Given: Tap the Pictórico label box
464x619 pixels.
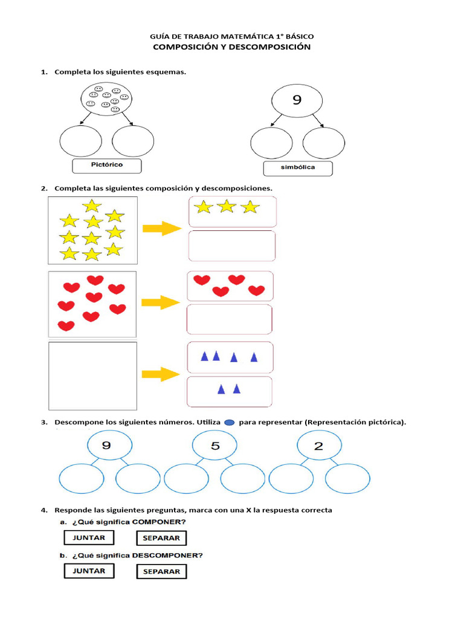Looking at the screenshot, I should tap(106, 165).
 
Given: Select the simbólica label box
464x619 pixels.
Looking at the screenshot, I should tap(298, 167).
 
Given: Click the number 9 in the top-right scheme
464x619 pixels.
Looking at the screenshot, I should tap(297, 100).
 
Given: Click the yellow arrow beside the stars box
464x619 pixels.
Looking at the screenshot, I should tap(162, 228).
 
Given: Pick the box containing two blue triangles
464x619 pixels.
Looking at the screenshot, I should tap(230, 391).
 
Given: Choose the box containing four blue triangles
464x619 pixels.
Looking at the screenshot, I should tap(230, 357).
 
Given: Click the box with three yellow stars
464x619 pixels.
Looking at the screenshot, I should tap(233, 211).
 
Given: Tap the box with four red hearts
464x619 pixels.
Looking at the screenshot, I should tap(230, 286).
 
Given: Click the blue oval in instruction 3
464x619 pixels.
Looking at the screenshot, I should tap(229, 423).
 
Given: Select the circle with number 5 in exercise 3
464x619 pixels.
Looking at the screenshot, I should tap(215, 447).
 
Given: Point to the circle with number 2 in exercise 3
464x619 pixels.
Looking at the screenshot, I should tap(318, 447).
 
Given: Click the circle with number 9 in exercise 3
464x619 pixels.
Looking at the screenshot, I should tap(106, 447).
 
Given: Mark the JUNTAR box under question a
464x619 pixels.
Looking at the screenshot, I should tap(89, 537).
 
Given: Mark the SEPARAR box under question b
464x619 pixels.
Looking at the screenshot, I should tap(161, 571).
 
